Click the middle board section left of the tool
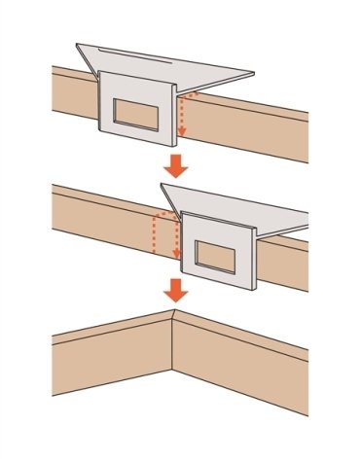coord(97,219)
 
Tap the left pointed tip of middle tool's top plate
coord(161,185)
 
